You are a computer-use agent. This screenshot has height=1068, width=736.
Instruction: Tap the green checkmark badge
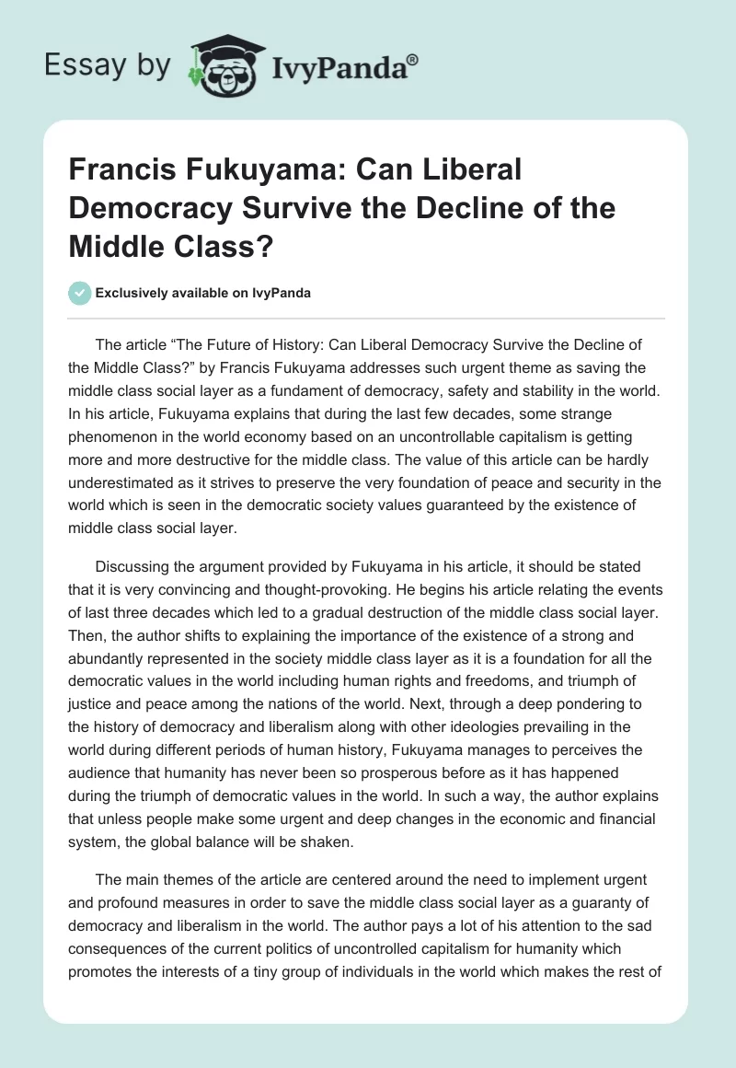click(80, 293)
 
